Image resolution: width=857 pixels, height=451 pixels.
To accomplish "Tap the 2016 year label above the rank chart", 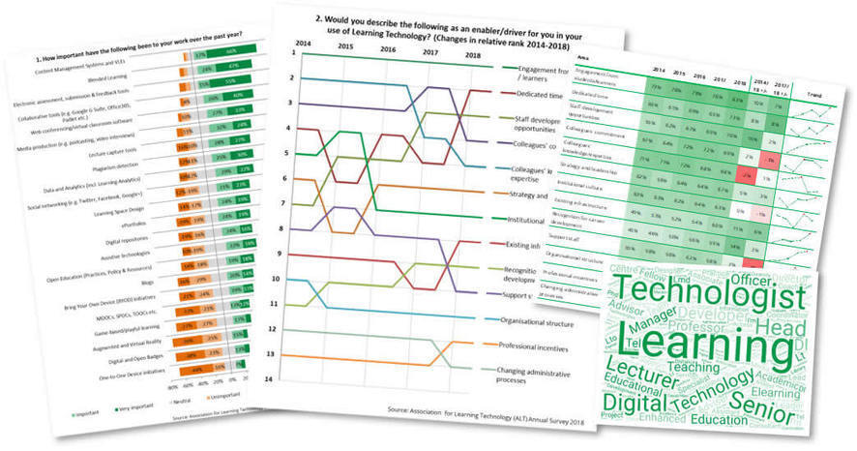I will point(387,48).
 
